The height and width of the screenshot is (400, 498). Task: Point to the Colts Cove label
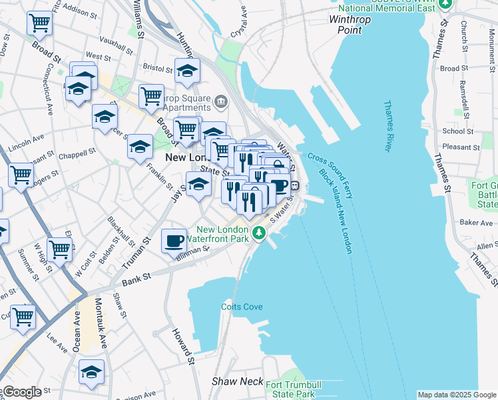[x=242, y=307]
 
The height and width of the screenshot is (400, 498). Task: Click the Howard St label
[x=182, y=347]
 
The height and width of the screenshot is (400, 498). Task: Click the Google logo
[x=22, y=391]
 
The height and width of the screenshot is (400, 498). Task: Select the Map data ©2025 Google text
[x=457, y=395]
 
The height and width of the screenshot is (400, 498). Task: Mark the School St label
[x=458, y=131]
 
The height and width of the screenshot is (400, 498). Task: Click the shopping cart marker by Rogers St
[x=21, y=175]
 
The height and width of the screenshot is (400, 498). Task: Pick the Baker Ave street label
[x=475, y=221]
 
